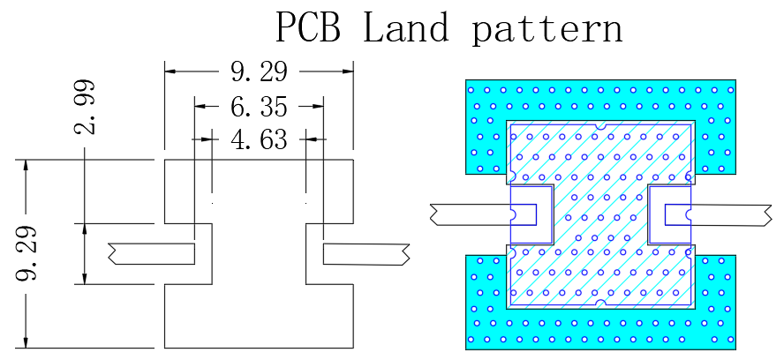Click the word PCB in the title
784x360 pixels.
click(308, 27)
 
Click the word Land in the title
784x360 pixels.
click(405, 27)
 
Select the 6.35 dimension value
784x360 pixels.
click(259, 107)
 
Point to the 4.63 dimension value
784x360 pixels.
click(259, 139)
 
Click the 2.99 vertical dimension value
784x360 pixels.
click(85, 107)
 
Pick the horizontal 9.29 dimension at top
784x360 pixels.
click(259, 72)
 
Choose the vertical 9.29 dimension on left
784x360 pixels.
click(27, 253)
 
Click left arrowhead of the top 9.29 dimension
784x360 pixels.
click(170, 71)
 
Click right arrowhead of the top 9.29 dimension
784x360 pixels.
click(348, 71)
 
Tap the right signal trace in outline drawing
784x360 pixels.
click(366, 254)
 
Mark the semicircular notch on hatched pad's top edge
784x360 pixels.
click(600, 126)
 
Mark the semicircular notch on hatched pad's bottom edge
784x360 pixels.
click(600, 303)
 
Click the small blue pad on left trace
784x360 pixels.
click(523, 214)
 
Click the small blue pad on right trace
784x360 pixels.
click(678, 215)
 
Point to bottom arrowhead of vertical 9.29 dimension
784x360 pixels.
click(26, 341)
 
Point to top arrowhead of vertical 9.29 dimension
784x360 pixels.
click(26, 166)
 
